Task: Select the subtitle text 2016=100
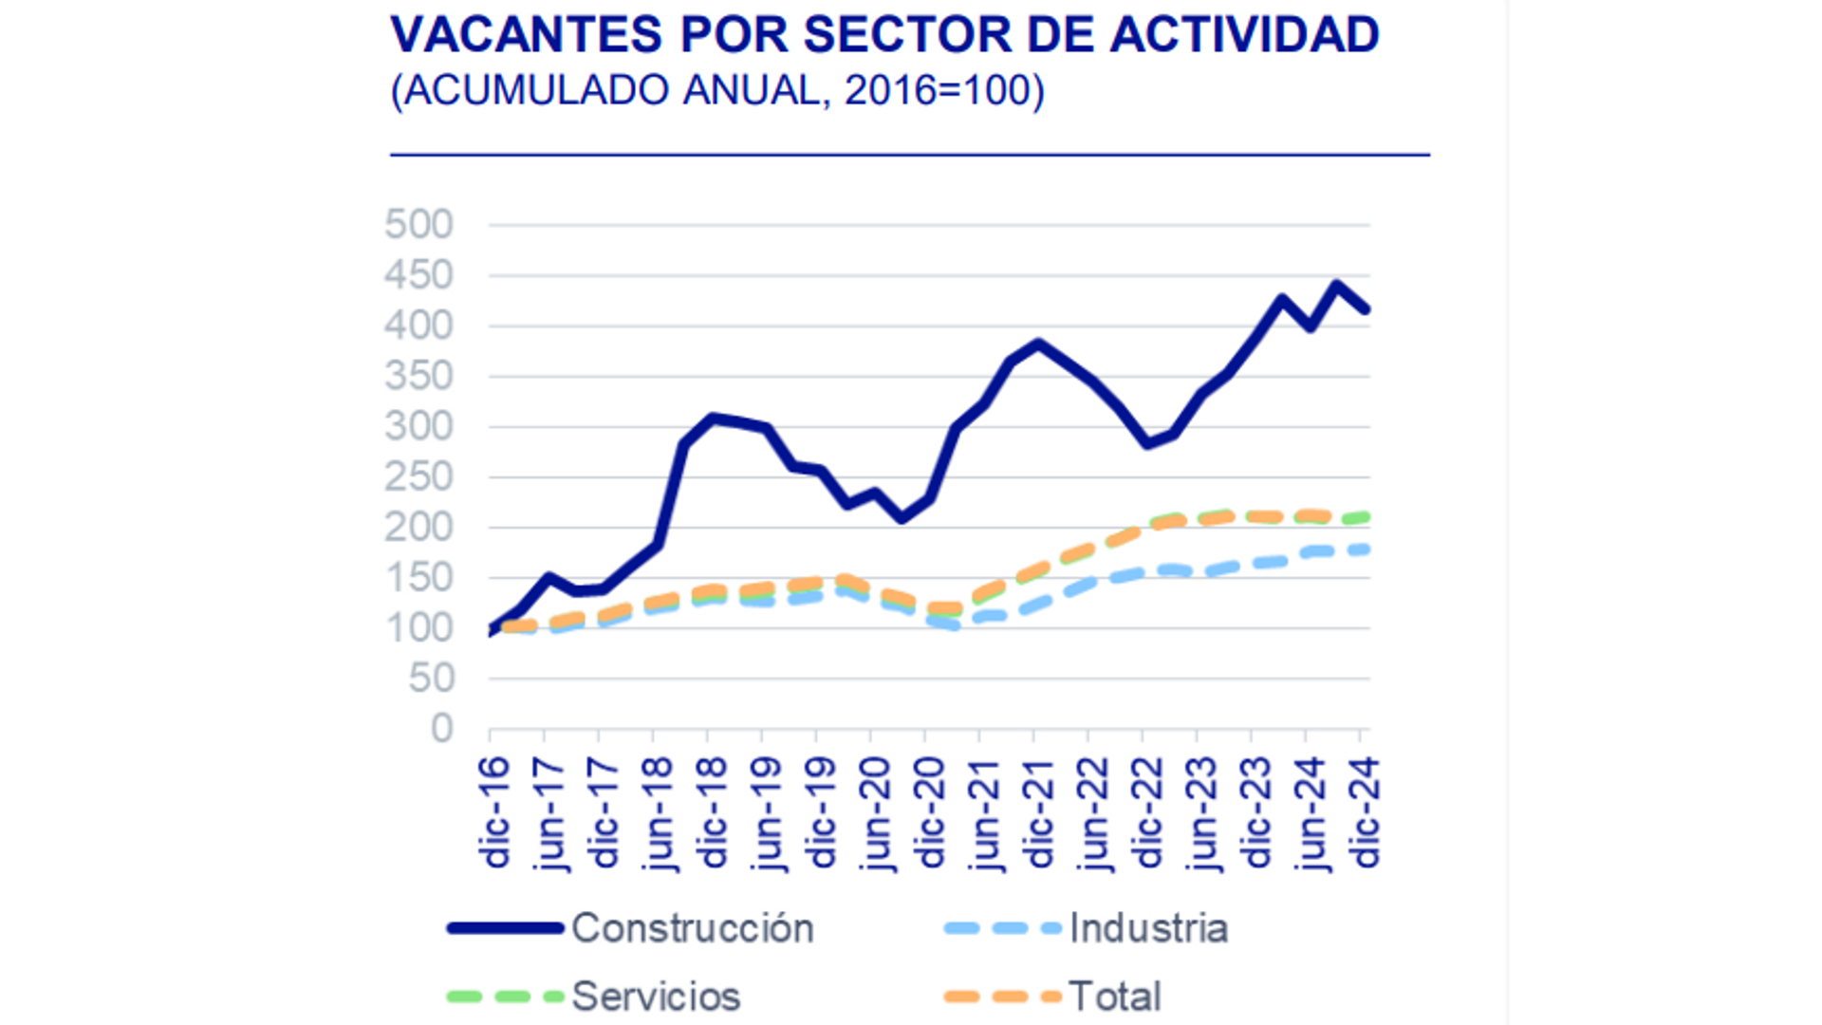coord(944,91)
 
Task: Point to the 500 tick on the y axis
coord(418,225)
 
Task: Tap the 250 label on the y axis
coord(418,477)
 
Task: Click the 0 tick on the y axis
coord(441,729)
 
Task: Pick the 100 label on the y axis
coord(418,628)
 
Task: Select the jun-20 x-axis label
coord(876,813)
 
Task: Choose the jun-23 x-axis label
coord(1202,813)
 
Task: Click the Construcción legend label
coord(692,928)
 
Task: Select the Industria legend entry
coord(1148,928)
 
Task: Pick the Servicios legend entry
coord(656,997)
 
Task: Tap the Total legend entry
coord(1114,997)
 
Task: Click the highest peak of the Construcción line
coord(1336,285)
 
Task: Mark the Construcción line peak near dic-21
coord(1039,344)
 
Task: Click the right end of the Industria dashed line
coord(1365,550)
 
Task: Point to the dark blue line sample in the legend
coord(506,928)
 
